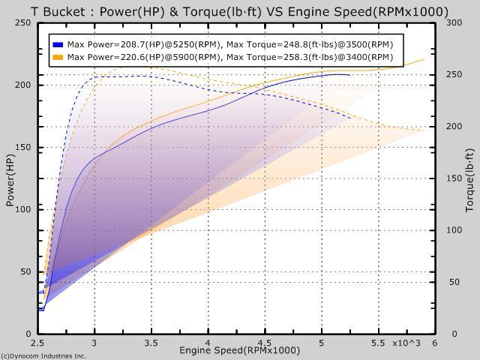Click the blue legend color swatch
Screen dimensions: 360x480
pyautogui.click(x=58, y=44)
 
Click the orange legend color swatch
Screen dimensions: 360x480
pyautogui.click(x=58, y=57)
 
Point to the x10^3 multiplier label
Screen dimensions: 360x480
pyautogui.click(x=407, y=343)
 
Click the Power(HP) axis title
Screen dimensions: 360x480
pyautogui.click(x=10, y=178)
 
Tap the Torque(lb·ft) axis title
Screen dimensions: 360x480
pyautogui.click(x=469, y=178)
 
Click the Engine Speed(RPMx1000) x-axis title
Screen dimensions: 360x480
pyautogui.click(x=239, y=350)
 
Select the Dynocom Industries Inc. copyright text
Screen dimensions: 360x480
pyautogui.click(x=43, y=355)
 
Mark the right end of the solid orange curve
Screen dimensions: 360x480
pyautogui.click(x=424, y=60)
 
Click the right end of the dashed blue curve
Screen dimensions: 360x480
pyautogui.click(x=350, y=118)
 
